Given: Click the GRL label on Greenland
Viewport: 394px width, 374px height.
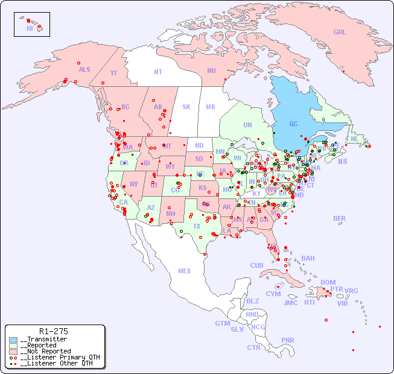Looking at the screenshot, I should coord(340,32).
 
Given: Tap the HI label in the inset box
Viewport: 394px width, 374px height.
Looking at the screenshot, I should coord(30,28).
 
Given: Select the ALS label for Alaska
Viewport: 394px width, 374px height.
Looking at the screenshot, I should coord(84,69).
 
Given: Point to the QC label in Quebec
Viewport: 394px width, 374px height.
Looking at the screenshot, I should coord(293,124).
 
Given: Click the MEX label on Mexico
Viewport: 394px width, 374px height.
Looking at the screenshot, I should coord(185,271).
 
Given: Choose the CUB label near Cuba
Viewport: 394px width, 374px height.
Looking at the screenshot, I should coord(256,265).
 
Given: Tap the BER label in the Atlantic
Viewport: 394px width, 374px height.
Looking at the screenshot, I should coord(339,218).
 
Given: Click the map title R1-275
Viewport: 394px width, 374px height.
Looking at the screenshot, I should coord(53,331).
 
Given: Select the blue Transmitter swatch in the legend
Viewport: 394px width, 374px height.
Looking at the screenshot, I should coord(13,340).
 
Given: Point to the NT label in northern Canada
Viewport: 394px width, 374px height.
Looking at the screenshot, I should coord(158,71).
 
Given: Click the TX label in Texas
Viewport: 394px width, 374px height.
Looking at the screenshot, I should coord(197,226).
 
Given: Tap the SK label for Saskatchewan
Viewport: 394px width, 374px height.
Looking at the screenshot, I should coord(186,107).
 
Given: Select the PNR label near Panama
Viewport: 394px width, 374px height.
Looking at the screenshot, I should coord(288,340).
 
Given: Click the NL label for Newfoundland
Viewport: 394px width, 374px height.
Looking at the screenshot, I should coord(355,138).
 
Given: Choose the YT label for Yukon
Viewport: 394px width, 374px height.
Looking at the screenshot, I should coord(113,73).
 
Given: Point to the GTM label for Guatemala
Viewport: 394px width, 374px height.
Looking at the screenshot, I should coord(222,323).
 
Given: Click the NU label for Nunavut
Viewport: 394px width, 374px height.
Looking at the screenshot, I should coord(211,71).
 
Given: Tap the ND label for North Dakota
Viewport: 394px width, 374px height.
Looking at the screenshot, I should coord(199,145).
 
